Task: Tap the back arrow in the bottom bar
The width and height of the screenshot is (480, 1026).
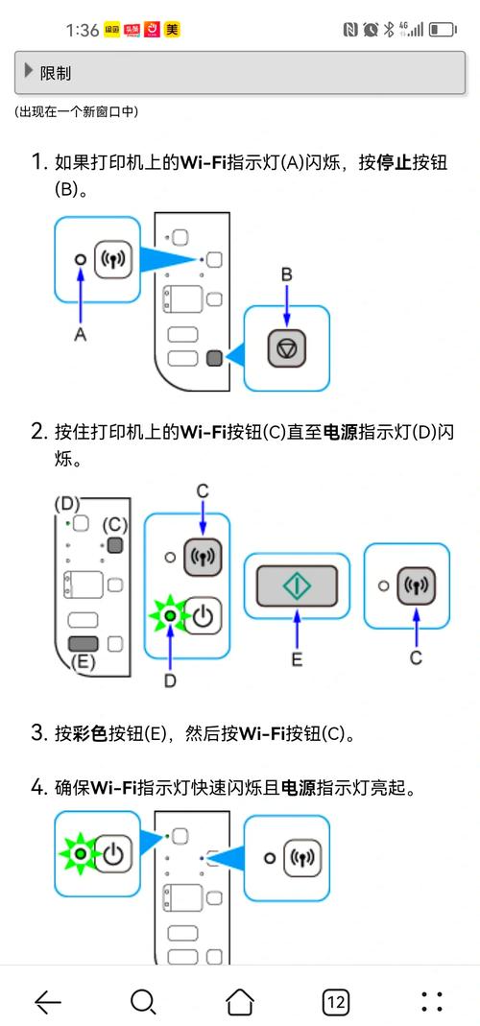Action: coord(48,1002)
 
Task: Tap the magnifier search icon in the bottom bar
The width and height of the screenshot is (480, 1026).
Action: coord(143,1002)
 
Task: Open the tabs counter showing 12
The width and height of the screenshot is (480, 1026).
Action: coord(335,1002)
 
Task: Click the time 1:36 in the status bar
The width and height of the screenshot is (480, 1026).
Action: coord(83,30)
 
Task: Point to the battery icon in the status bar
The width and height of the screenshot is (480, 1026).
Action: coord(443,30)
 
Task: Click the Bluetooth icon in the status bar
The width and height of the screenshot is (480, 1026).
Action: coord(390,30)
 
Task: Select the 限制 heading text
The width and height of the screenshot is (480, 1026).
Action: coord(56,73)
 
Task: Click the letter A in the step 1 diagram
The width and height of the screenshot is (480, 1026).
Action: coord(81,334)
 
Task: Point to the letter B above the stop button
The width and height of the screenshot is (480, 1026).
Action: coord(286,275)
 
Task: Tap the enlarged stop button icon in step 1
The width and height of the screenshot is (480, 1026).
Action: coord(286,348)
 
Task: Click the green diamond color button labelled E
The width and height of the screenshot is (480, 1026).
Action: coord(297,585)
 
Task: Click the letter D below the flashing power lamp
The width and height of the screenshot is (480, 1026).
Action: coord(170,680)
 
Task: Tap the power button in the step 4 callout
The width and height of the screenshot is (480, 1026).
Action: coord(113,853)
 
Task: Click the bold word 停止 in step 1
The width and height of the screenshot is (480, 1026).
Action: coord(395,162)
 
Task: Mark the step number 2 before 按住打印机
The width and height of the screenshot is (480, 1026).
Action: coord(38,432)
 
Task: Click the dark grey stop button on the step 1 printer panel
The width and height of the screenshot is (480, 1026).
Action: coord(214,358)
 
